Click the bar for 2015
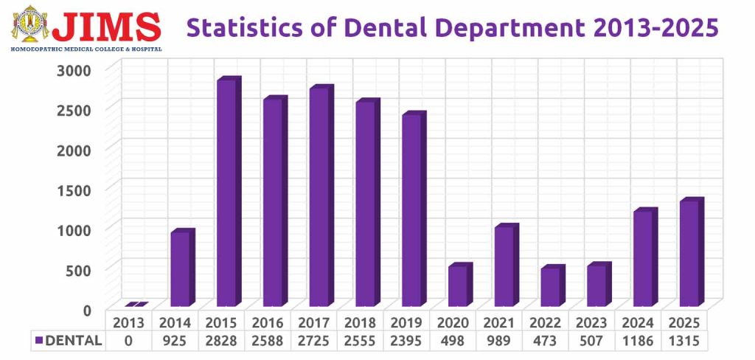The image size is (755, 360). pos(227,193)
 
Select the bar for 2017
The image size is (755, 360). pos(319,198)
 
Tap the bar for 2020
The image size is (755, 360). pos(458,285)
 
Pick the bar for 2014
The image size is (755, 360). pos(181,269)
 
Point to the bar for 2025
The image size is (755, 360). pos(689,253)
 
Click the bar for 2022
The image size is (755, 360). pos(551,287)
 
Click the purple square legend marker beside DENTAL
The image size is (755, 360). pos(39,341)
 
